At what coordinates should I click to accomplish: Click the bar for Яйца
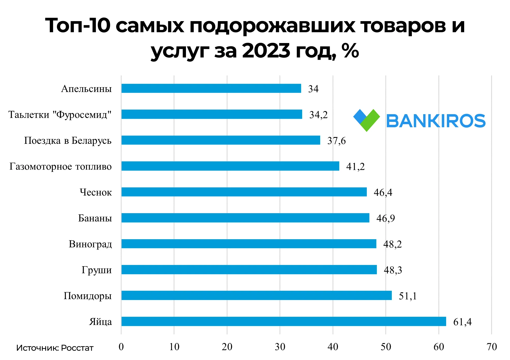(283, 321)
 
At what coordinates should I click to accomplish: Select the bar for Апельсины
(211, 88)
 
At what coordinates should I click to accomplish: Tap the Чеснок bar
(244, 192)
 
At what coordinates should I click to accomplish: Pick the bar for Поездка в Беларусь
(221, 140)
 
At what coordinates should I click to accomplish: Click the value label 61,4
(462, 322)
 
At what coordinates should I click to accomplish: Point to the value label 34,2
(318, 115)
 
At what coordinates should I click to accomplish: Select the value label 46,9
(386, 218)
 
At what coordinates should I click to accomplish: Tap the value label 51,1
(408, 296)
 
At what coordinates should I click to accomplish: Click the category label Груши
(97, 270)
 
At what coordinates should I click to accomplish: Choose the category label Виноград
(90, 244)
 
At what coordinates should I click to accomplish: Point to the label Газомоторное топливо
(61, 166)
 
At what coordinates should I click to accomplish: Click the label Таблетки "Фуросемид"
(60, 115)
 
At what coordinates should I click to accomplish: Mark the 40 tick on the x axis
(333, 347)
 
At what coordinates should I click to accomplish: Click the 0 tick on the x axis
(121, 347)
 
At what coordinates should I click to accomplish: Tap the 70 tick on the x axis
(492, 347)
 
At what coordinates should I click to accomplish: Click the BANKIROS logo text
(436, 121)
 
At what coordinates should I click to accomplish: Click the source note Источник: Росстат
(55, 348)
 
